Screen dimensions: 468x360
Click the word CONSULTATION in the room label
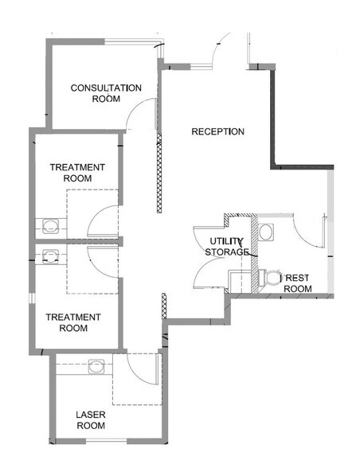coord(106,88)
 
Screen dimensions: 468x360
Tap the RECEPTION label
coord(217,131)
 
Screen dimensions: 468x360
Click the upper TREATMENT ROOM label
coord(76,173)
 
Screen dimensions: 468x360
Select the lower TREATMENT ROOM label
coord(72,322)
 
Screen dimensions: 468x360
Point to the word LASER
coord(91,415)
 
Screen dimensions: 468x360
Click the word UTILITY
coord(226,240)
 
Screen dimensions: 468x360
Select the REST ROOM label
coord(297,283)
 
